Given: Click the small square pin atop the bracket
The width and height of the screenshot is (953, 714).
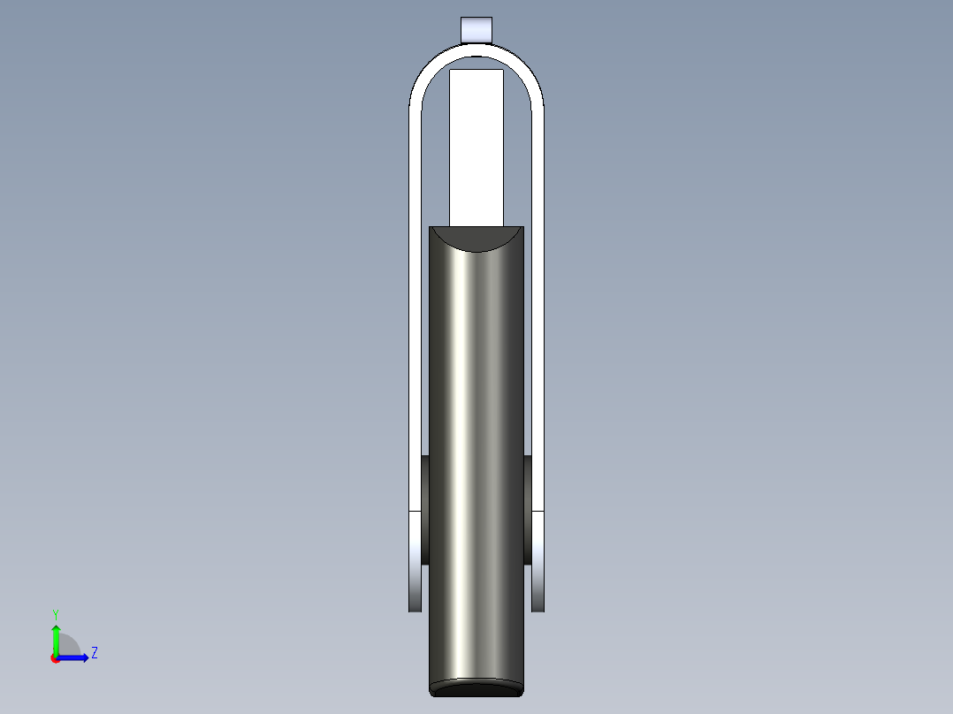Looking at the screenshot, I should click(476, 29).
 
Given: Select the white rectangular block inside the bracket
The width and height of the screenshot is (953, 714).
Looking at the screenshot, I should click(476, 146).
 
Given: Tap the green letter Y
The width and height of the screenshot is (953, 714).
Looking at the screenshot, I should click(55, 613).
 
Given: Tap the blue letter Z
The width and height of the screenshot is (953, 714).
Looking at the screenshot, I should click(94, 653).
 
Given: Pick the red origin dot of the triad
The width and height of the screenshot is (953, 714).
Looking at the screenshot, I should click(55, 658).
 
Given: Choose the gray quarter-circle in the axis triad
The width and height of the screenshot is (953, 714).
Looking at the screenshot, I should click(69, 645).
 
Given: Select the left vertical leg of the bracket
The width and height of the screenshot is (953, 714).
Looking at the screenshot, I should click(415, 309).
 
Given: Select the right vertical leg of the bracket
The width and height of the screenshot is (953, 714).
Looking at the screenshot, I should click(537, 309).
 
